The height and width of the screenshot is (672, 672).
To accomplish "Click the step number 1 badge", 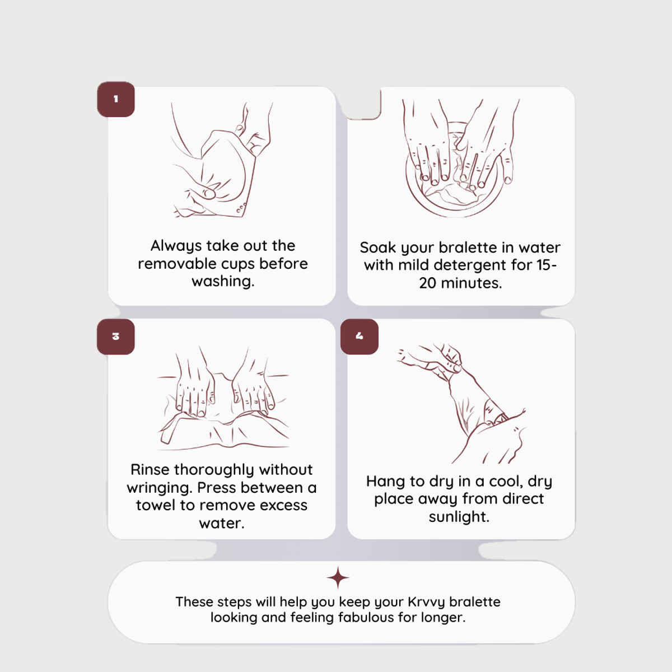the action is (116, 99).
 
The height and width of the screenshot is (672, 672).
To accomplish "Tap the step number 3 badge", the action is (116, 337).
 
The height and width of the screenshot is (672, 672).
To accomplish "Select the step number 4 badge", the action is (359, 337).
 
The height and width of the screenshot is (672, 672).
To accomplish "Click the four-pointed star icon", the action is (338, 578).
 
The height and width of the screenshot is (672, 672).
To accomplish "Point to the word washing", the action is (223, 281).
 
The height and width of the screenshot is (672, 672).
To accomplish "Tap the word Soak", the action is (378, 248).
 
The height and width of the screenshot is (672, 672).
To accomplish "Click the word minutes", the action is (471, 283).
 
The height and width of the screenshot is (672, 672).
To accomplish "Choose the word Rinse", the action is (150, 470).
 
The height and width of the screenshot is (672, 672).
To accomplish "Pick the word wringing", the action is (160, 488).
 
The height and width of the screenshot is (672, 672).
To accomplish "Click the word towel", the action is (156, 505).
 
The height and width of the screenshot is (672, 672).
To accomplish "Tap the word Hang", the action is (386, 482).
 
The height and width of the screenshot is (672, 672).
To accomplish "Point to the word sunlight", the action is (459, 517).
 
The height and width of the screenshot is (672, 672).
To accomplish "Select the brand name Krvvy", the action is (427, 603).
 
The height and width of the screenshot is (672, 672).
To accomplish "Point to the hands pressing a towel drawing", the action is (223, 398).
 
